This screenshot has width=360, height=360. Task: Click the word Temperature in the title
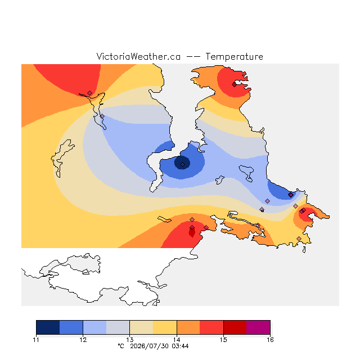pyautogui.click(x=234, y=56)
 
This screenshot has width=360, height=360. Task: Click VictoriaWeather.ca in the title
pyautogui.click(x=138, y=56)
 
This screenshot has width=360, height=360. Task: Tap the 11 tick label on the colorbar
pyautogui.click(x=36, y=340)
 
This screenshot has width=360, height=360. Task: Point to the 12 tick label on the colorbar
pyautogui.click(x=83, y=340)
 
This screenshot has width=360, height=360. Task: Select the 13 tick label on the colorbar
pyautogui.click(x=130, y=340)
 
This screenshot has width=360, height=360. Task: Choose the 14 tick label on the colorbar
pyautogui.click(x=177, y=340)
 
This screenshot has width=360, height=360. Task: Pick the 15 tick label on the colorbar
pyautogui.click(x=223, y=340)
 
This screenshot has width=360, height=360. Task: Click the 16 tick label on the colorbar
pyautogui.click(x=270, y=340)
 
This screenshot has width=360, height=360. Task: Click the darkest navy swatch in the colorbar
pyautogui.click(x=48, y=327)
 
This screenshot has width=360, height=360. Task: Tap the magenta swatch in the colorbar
pyautogui.click(x=258, y=327)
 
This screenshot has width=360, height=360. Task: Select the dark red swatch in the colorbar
pyautogui.click(x=235, y=327)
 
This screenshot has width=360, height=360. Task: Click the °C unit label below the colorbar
pyautogui.click(x=121, y=346)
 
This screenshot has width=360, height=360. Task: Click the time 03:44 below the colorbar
pyautogui.click(x=180, y=346)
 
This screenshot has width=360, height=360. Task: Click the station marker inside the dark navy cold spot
pyautogui.click(x=182, y=165)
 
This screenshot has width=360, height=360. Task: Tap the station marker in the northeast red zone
pyautogui.click(x=234, y=85)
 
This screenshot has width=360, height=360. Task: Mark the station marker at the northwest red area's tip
pyautogui.click(x=90, y=93)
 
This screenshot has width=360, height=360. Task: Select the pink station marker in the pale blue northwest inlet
pyautogui.click(x=102, y=116)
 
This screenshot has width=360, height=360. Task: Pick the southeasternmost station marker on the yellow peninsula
pyautogui.click(x=299, y=238)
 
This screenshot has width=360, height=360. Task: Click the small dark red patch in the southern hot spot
pyautogui.click(x=192, y=233)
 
